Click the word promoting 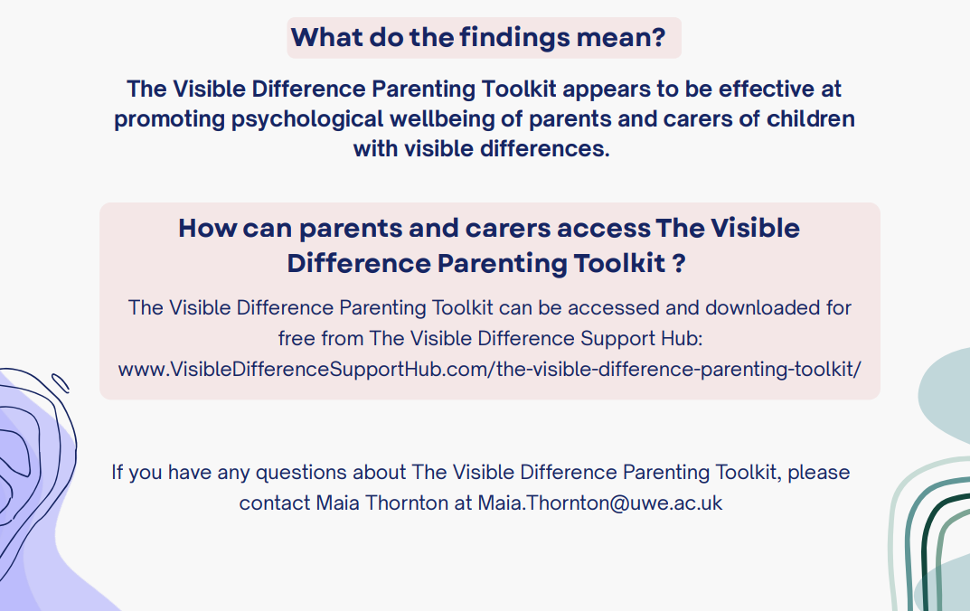point(169,119)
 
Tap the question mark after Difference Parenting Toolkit point(679,263)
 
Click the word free point(296,338)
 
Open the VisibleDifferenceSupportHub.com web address point(489,370)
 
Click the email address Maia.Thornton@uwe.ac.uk point(600,503)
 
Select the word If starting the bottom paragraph point(118,472)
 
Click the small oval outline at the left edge point(61,382)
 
